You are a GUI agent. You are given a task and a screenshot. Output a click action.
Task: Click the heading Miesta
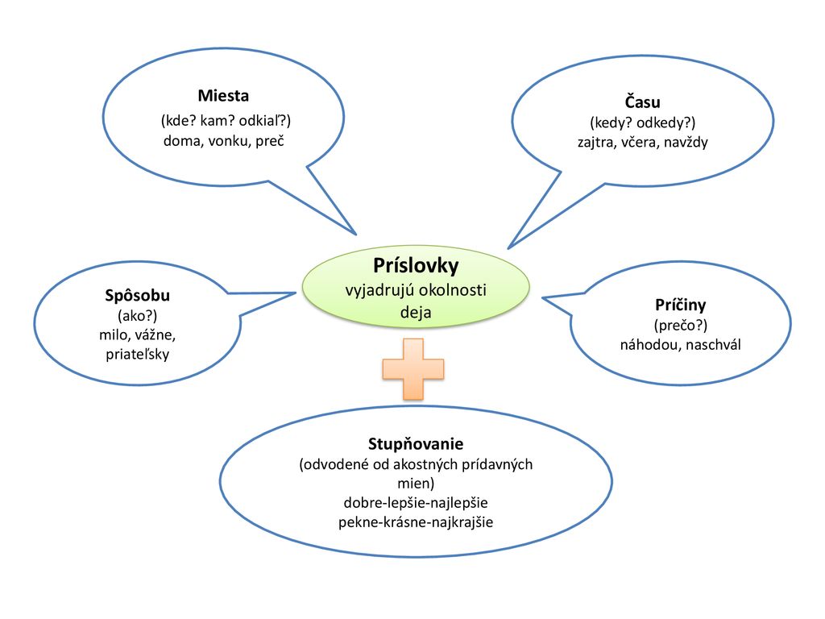223,96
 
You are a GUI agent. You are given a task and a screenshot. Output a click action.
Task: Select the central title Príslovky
416,265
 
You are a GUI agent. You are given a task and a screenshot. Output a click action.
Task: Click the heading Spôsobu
138,294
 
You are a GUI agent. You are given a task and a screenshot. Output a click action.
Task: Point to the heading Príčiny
680,305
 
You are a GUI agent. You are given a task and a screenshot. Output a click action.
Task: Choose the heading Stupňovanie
416,444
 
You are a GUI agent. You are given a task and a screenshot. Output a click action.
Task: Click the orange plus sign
412,369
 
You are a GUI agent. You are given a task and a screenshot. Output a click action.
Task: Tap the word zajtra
597,142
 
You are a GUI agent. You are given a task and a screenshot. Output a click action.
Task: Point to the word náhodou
649,344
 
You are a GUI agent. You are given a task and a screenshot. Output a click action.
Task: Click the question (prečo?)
680,326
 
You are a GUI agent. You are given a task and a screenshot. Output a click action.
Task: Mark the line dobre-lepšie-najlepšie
416,503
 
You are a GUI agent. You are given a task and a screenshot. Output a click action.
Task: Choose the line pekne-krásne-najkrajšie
416,522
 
